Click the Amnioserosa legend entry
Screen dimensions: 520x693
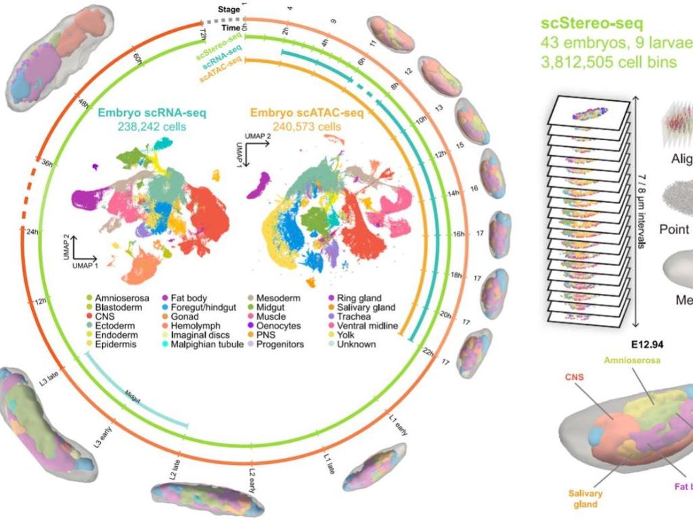(116, 298)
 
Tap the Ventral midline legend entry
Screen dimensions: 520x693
(370, 326)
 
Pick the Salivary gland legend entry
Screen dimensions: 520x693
(368, 307)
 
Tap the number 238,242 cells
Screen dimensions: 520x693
(141, 127)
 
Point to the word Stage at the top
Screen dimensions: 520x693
(228, 9)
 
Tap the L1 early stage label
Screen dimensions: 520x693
(399, 425)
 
